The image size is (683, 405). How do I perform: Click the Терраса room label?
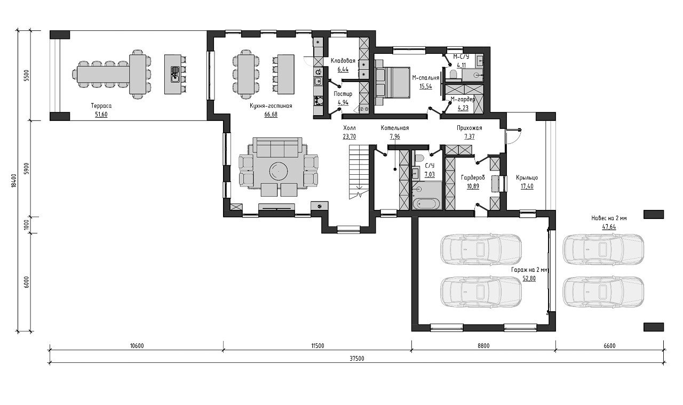click(x=101, y=106)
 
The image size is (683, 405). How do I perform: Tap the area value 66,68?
click(x=271, y=115)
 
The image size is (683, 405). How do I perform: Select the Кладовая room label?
click(x=343, y=61)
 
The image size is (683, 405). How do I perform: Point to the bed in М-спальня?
click(x=392, y=83)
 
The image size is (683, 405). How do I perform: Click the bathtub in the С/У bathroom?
click(x=427, y=204)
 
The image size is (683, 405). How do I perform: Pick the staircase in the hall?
click(x=359, y=172)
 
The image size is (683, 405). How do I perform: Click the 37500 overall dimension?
click(x=357, y=359)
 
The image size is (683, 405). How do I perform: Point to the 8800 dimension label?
click(x=483, y=346)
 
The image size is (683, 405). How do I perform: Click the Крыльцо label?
click(x=527, y=177)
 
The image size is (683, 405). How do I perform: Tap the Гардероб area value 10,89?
click(x=473, y=186)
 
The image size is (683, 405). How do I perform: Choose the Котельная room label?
click(x=394, y=128)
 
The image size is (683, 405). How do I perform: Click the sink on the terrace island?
click(x=175, y=74)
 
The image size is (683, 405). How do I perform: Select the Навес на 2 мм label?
click(x=609, y=218)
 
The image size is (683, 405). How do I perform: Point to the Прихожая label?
click(x=469, y=128)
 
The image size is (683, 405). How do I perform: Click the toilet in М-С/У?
click(x=453, y=75)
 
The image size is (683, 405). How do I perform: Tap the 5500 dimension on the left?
click(x=27, y=76)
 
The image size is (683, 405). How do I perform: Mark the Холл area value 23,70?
click(x=349, y=136)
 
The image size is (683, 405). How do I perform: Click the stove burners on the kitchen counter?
click(x=319, y=100)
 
